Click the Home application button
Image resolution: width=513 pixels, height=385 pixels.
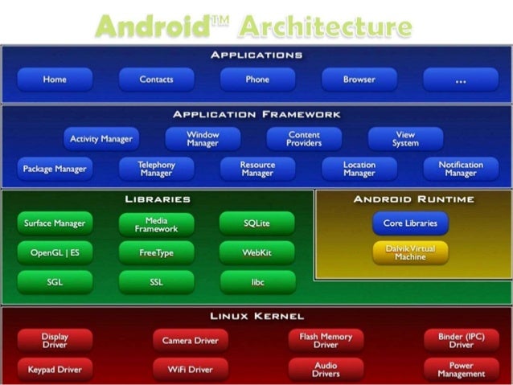(55, 80)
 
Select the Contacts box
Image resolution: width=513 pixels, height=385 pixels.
(156, 80)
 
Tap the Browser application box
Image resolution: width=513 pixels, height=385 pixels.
(359, 80)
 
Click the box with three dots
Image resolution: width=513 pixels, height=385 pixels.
(461, 80)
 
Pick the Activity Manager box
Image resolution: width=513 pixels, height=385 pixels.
(101, 139)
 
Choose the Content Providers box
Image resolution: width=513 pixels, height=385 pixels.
(304, 139)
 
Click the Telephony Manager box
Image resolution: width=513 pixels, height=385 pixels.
(156, 169)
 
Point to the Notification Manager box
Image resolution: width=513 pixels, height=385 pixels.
(461, 169)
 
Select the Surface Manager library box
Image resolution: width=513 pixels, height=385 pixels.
(55, 223)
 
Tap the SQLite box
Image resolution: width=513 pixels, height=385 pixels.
(256, 223)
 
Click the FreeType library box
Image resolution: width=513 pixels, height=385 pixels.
(156, 252)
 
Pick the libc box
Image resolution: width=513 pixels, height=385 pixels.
(256, 282)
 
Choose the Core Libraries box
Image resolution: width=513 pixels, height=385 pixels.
(410, 223)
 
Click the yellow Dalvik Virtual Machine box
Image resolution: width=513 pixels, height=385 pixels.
(410, 253)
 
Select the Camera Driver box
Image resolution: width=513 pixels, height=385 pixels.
(189, 340)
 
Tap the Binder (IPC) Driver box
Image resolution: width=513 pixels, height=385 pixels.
(461, 340)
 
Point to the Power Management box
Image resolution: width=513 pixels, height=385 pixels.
(461, 370)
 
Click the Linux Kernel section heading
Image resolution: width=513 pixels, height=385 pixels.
(256, 316)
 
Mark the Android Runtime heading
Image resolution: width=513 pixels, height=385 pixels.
(414, 199)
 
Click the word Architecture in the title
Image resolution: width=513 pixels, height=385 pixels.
(326, 26)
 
